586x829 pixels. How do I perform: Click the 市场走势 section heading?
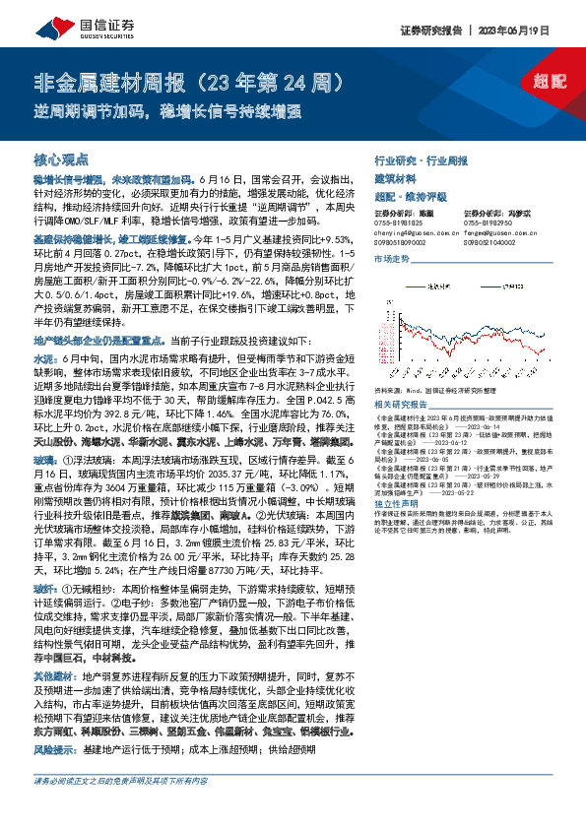392,258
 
